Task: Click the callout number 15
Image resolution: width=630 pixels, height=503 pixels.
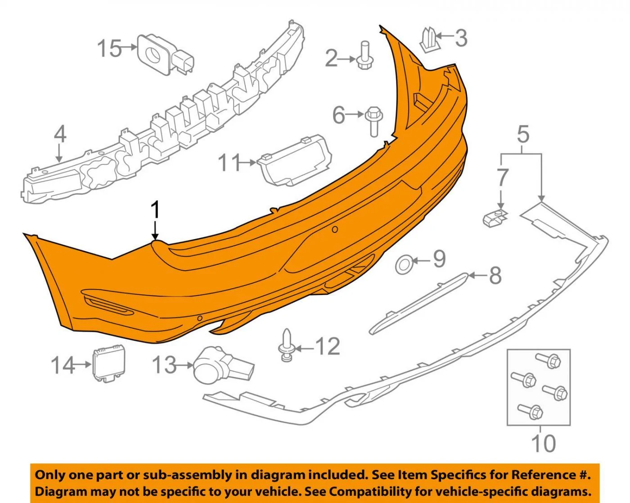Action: pos(109,48)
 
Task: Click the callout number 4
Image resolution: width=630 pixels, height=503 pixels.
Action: pos(60,134)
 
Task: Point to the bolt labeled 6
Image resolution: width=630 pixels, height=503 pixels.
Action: pos(373,121)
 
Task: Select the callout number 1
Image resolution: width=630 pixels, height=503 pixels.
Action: pos(156,209)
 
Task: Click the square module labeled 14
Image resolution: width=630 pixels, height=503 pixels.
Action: pos(108,363)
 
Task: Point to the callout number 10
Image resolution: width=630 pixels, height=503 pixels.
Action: pos(543,444)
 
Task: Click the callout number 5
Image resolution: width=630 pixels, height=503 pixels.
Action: pos(523,134)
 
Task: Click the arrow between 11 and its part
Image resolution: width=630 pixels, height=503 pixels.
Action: pos(248,162)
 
